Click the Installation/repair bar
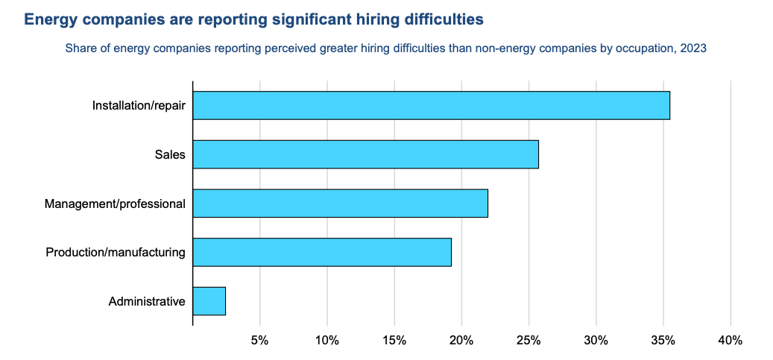click(431, 105)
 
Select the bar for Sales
click(365, 154)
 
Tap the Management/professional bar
click(340, 203)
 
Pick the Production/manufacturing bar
click(322, 253)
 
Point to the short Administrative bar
click(209, 302)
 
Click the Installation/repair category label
click(139, 105)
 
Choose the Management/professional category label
click(115, 203)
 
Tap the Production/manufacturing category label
click(116, 253)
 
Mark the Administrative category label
click(147, 302)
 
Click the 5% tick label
click(259, 341)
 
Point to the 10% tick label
click(326, 341)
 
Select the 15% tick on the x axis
click(394, 341)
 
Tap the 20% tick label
click(461, 341)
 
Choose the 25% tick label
click(529, 341)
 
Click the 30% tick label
click(596, 341)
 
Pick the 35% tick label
click(663, 341)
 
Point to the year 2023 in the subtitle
click(693, 49)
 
